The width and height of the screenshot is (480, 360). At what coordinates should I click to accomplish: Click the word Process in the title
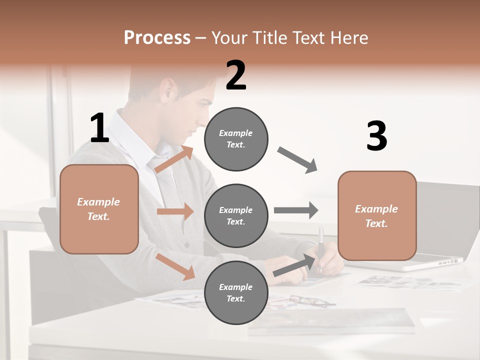pos(157,37)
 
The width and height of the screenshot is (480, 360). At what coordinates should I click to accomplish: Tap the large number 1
pos(99,128)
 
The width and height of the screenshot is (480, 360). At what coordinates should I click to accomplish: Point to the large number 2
pos(236,75)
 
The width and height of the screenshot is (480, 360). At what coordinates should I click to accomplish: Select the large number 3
pos(376,136)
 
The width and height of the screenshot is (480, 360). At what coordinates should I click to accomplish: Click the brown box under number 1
pos(99,209)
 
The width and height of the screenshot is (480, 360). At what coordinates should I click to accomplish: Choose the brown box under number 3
pos(377,215)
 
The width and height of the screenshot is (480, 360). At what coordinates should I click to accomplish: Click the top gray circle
pos(236,139)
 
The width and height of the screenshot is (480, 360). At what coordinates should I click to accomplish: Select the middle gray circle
pos(236,215)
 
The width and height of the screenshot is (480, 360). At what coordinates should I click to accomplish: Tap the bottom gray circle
pos(236,292)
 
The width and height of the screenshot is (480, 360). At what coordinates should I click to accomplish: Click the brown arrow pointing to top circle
pos(174,159)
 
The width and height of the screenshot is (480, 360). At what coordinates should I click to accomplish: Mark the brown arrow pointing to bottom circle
pos(175,265)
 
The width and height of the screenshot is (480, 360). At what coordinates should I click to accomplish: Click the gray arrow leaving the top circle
pos(297,160)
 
